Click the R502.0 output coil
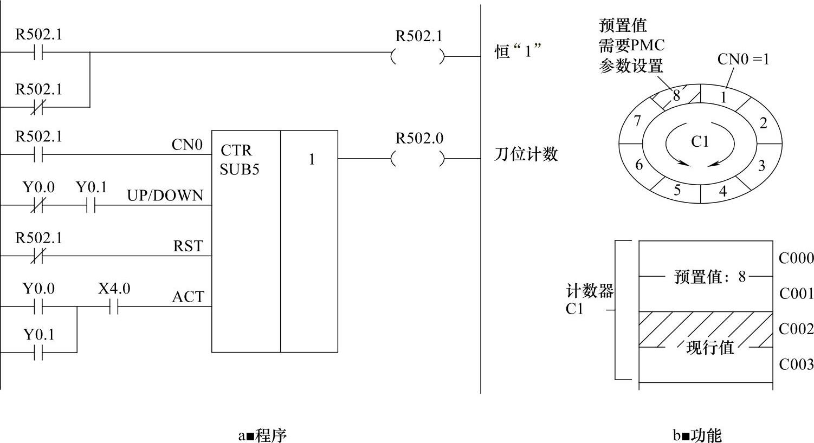[x=418, y=159]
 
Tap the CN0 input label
[x=187, y=145]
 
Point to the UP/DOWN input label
[x=165, y=196]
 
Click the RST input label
[x=188, y=246]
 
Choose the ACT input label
[x=188, y=297]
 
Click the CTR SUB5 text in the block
[x=239, y=160]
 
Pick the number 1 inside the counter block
[x=312, y=160]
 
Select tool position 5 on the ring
[x=677, y=190]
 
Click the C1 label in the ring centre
[x=700, y=142]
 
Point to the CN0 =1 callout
[x=743, y=59]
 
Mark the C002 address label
[x=796, y=329]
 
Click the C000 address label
[x=796, y=258]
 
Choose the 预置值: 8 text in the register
[x=710, y=277]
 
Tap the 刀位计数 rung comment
[x=526, y=154]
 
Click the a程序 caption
[x=262, y=435]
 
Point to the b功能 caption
[x=697, y=435]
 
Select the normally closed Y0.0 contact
[x=37, y=206]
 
